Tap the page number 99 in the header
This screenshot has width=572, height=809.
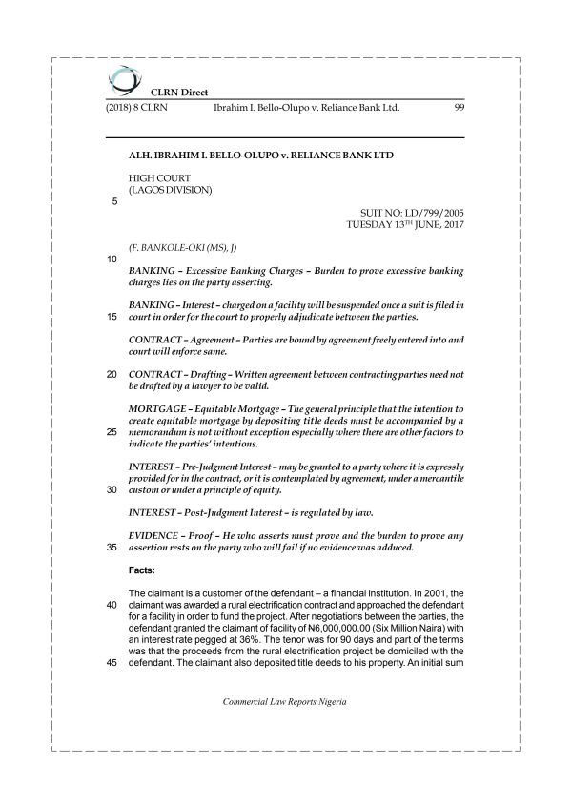click(x=459, y=109)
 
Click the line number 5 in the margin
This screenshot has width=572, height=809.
click(x=114, y=201)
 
